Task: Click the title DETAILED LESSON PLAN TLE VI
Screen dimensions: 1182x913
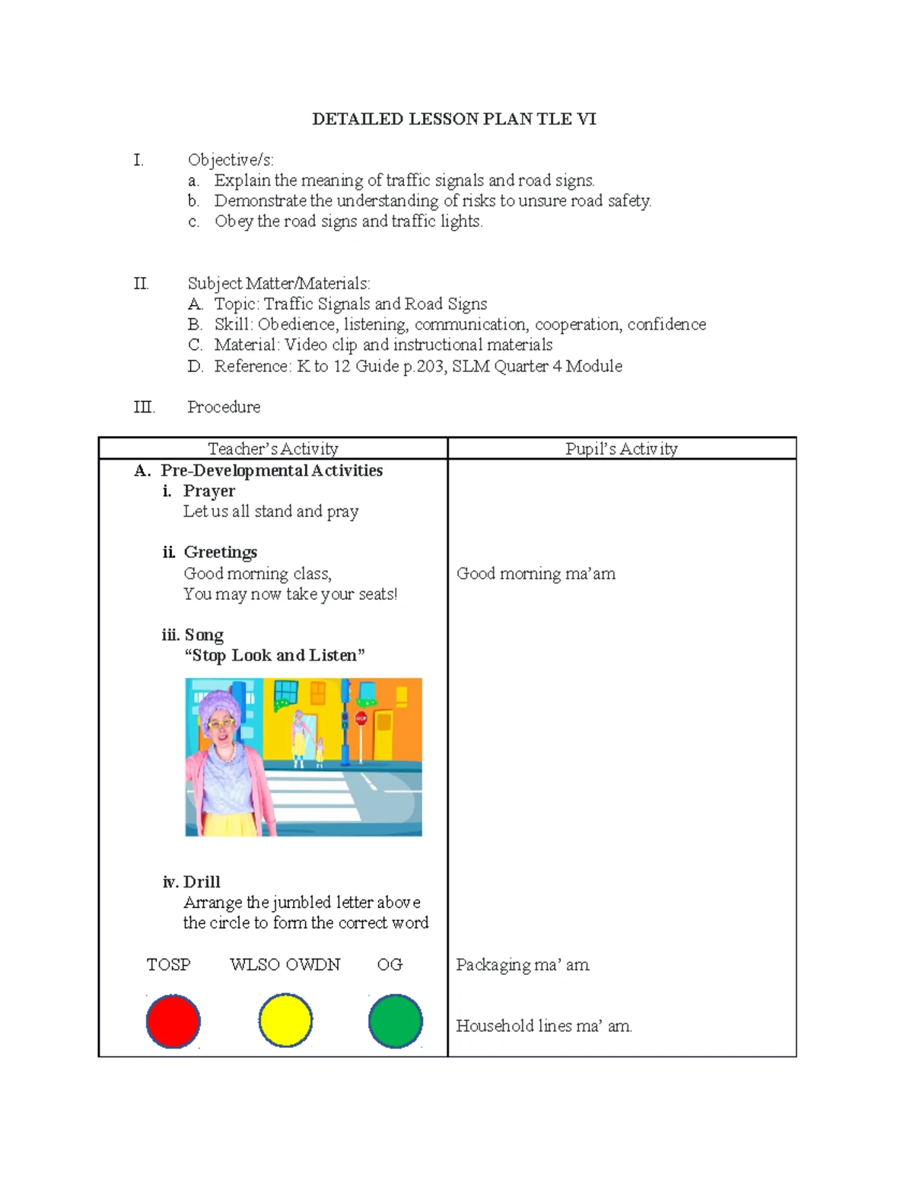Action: [454, 119]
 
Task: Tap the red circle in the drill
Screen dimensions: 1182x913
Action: [173, 1021]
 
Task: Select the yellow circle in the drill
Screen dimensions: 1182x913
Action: [285, 1021]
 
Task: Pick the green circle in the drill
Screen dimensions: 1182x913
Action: [396, 1021]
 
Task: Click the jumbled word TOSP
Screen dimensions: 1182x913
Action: [168, 964]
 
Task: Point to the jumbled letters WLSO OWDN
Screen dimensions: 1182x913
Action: [285, 964]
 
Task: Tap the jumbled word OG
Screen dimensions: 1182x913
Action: [390, 964]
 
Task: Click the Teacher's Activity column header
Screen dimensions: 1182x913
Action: [272, 449]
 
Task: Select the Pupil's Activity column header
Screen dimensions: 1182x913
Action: [621, 449]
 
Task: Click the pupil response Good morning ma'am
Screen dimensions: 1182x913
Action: [536, 574]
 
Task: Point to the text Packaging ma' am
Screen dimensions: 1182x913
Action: [522, 964]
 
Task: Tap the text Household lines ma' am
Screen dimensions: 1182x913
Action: [543, 1026]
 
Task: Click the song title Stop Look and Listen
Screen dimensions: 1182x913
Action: [275, 655]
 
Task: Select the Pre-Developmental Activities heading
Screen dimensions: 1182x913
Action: [271, 470]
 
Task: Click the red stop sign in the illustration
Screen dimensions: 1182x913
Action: [361, 718]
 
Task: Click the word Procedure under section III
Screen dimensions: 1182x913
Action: [224, 407]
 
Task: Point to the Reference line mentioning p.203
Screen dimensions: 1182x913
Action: [418, 366]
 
